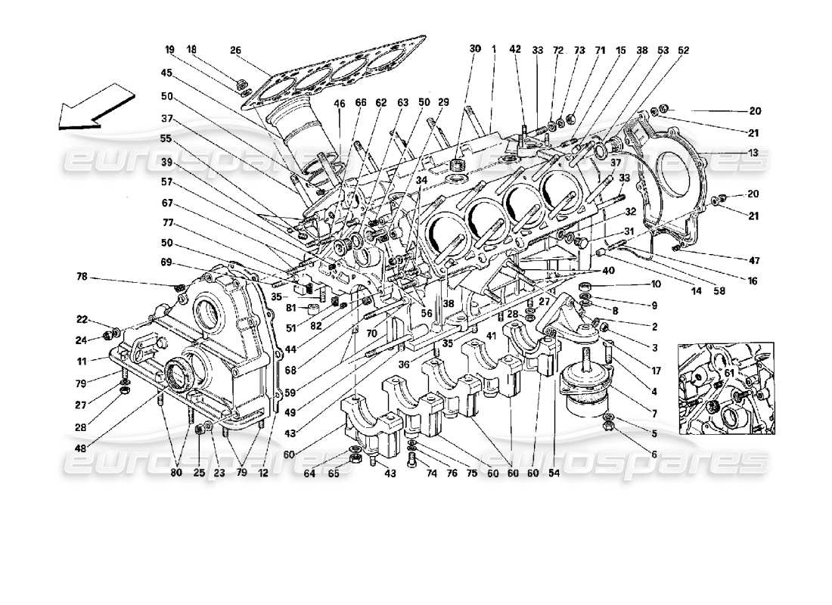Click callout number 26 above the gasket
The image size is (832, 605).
coord(235,51)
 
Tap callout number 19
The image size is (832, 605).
coord(169,49)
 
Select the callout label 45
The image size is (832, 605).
coord(166,73)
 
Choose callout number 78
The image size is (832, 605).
coord(82,278)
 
